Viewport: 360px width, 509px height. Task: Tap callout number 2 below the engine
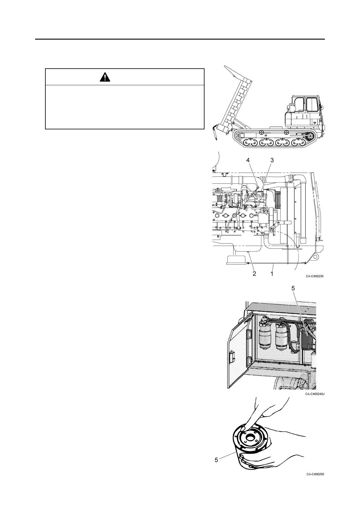(x=254, y=274)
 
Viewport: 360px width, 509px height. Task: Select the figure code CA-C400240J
(x=315, y=394)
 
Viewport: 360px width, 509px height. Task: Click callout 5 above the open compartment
(x=293, y=288)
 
